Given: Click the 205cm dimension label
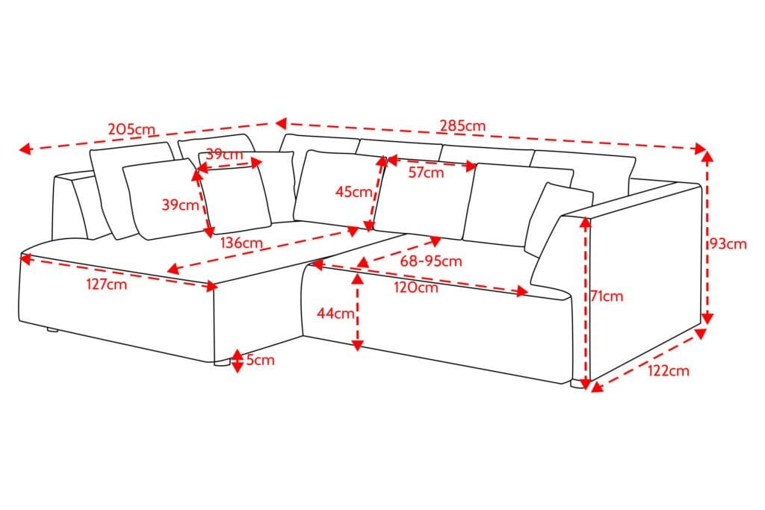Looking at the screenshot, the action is tap(131, 129).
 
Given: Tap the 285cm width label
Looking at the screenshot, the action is tap(463, 125).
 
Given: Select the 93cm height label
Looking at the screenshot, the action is tap(728, 243).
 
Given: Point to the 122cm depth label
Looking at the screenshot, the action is tap(669, 370).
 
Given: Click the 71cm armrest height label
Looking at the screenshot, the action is tap(607, 296).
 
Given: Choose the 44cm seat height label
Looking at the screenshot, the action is tap(335, 313).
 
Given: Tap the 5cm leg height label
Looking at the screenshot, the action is tap(261, 361).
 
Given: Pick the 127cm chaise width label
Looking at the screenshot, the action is tap(107, 284).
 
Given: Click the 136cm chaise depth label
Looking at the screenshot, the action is tap(241, 243).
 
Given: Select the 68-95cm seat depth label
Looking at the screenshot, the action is tap(431, 261).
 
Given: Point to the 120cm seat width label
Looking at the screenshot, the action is tap(416, 287).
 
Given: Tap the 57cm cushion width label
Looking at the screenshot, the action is tap(427, 172).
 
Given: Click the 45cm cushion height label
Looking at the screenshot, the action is tap(353, 192).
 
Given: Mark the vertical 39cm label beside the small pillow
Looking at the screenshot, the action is tap(180, 205).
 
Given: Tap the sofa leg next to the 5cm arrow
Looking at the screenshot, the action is tap(222, 363).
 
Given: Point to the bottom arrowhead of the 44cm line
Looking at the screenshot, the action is tap(358, 345).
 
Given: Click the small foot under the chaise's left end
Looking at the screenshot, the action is tap(52, 330).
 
